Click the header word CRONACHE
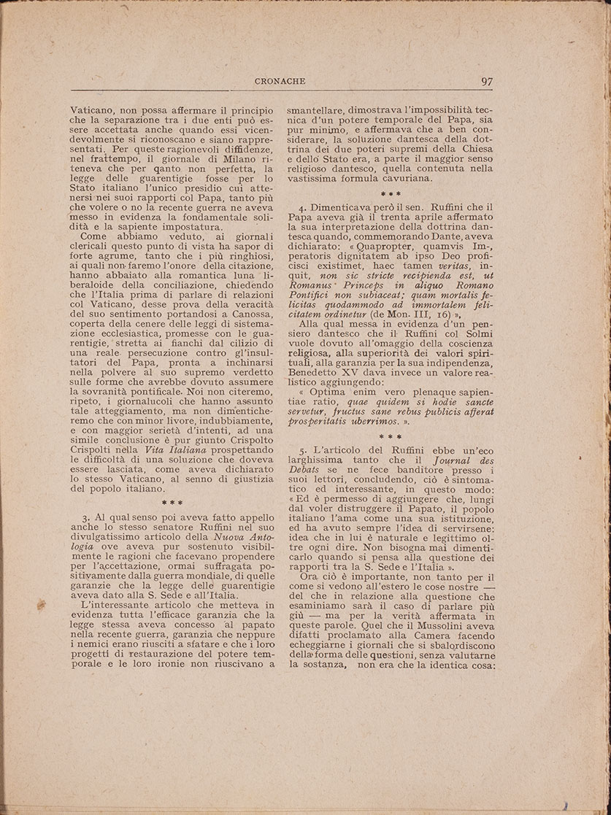280,81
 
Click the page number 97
488,81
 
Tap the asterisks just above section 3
172,503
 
